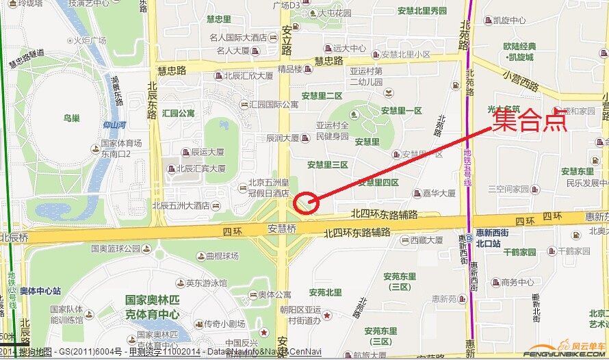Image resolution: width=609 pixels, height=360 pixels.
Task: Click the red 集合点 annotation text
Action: click(531, 120)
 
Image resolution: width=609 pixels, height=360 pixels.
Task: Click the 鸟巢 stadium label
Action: click(71, 118)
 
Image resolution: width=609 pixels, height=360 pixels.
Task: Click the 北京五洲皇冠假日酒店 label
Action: click(265, 187)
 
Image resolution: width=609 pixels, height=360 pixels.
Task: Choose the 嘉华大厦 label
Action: click(439, 194)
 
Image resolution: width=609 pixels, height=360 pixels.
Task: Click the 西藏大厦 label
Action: click(427, 240)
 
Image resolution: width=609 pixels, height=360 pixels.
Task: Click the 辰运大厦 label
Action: click(208, 152)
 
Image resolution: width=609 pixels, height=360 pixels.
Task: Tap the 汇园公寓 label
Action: click(179, 113)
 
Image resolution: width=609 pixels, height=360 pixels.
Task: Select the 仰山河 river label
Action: click(114, 125)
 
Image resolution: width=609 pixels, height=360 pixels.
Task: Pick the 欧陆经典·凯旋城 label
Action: click(518, 52)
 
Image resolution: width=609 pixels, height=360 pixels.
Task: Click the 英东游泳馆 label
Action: click(206, 283)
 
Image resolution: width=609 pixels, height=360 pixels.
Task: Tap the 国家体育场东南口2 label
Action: click(121, 148)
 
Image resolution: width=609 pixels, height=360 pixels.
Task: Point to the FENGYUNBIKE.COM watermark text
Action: click(565, 355)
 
